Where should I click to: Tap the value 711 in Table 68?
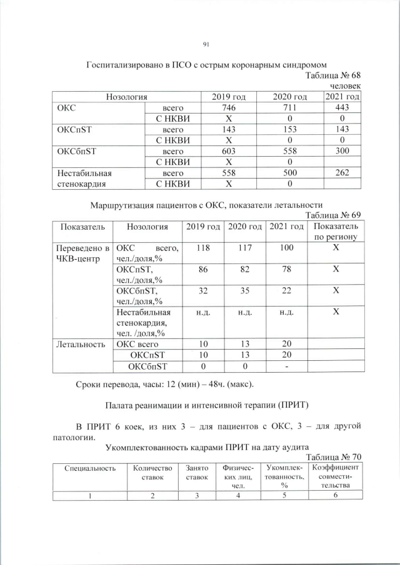click(291, 108)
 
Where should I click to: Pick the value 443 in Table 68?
click(342, 108)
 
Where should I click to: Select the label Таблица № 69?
click(333, 214)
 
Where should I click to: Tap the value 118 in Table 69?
click(202, 248)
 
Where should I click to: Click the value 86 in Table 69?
click(202, 269)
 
